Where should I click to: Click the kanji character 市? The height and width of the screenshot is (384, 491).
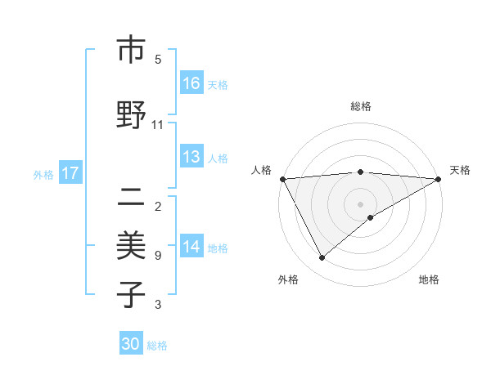(131, 50)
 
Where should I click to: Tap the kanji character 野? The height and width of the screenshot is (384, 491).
(131, 115)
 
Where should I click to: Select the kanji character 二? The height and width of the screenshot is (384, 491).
(131, 195)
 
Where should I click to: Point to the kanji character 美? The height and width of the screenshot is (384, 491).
(131, 245)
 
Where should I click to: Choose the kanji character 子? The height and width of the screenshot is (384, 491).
(131, 295)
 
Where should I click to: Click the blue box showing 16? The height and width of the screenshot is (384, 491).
(191, 83)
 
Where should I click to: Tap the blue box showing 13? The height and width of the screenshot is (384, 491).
(191, 158)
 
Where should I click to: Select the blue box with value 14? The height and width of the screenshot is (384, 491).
(191, 248)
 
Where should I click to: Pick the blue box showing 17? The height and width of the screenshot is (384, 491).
(70, 174)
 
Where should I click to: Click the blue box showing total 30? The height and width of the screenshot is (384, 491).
(131, 345)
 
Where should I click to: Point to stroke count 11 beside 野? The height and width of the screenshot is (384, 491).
(158, 125)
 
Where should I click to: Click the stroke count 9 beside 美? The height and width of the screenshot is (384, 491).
(158, 256)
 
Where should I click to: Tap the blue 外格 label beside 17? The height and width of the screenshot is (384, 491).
(43, 174)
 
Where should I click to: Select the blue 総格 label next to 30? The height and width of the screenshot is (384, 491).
(157, 346)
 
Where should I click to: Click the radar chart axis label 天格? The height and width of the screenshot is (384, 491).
(460, 170)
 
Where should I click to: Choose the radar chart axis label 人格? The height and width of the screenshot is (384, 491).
(262, 170)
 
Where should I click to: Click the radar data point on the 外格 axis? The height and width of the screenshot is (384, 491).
(322, 258)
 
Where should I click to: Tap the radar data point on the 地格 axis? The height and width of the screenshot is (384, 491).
(371, 217)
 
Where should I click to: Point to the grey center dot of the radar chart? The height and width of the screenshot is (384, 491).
(360, 203)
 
